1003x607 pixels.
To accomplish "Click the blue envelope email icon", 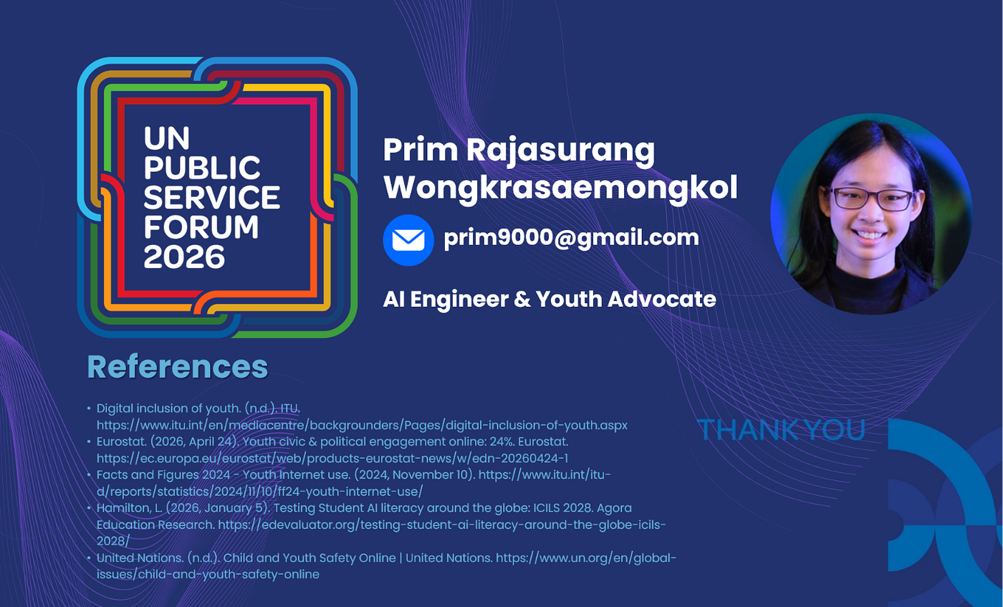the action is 408,240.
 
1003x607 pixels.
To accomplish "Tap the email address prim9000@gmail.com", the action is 572,237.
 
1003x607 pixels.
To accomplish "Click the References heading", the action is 178,367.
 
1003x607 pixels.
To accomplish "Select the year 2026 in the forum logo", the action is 184,257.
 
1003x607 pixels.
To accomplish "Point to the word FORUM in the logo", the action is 201,227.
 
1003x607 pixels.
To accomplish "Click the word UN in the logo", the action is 166,138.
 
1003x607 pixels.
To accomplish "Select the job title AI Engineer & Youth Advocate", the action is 550,300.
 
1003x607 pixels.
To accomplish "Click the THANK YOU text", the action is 782,429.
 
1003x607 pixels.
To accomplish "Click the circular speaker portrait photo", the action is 871,214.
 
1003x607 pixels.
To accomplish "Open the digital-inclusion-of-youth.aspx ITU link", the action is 362,425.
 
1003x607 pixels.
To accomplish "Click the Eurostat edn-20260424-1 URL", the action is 332,458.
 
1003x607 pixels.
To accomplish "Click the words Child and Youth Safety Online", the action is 309,558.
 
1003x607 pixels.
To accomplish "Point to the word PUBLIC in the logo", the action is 201,168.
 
